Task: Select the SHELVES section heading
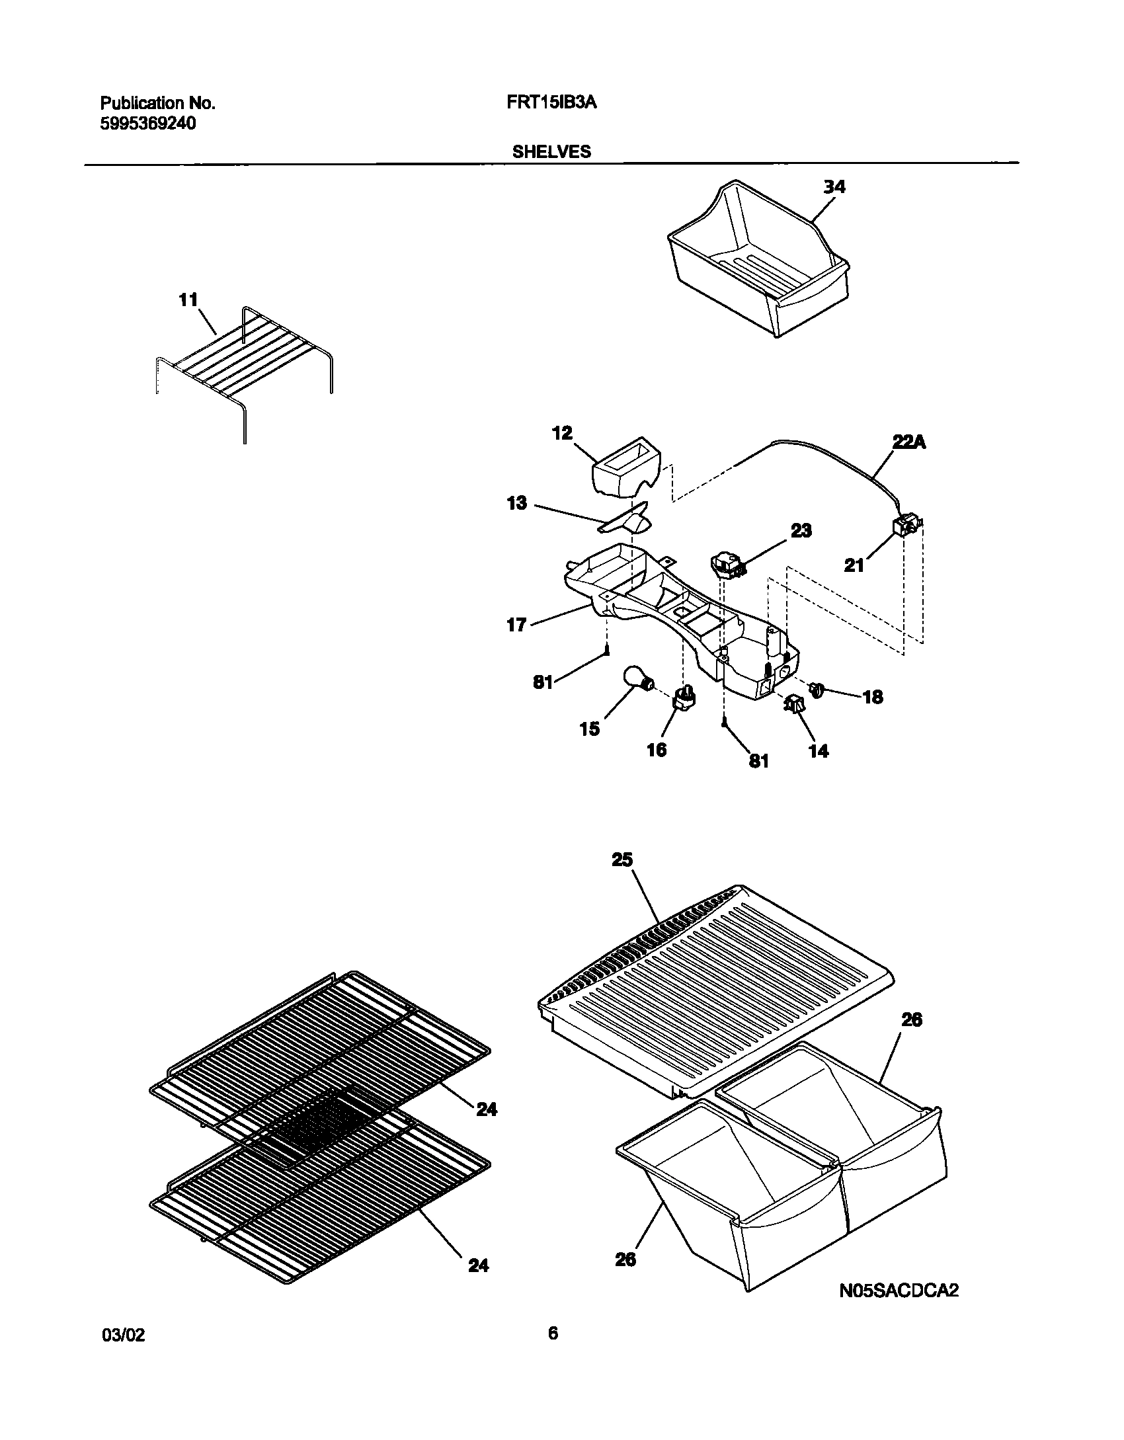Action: click(551, 152)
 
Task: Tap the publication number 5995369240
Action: click(148, 124)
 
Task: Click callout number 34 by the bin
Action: click(834, 187)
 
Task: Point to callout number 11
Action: click(188, 300)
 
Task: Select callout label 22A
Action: click(909, 443)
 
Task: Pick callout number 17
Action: click(516, 624)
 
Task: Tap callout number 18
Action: click(873, 697)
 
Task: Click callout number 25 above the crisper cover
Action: click(622, 860)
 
